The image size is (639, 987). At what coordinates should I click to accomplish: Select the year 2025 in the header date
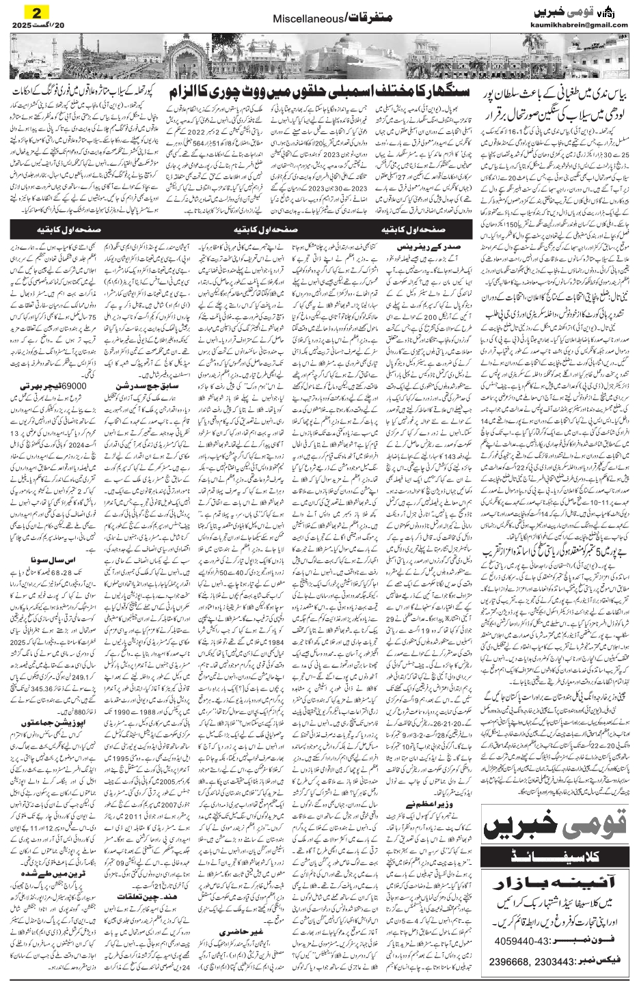coord(23,25)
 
